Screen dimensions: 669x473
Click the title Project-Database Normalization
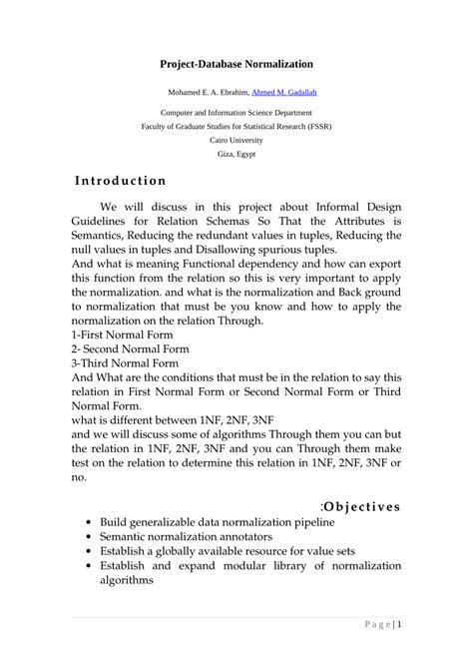236,64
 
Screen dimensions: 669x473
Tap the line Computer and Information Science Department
236,114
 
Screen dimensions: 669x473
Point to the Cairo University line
236,141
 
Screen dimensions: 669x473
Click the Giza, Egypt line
236,155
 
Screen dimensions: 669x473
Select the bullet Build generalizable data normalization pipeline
217,522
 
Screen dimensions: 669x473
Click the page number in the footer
400,625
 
